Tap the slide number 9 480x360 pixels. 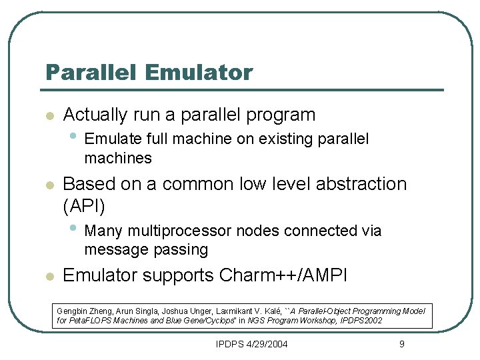tap(401, 344)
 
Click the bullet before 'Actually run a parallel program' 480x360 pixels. tap(48, 116)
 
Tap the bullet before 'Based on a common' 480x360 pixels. tap(48, 185)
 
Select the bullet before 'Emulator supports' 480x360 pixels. tap(48, 277)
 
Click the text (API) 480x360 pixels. tap(83, 207)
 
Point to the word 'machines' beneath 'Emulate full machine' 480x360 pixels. tap(118, 159)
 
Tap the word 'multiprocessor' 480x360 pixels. tap(181, 231)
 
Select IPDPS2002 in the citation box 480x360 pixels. tap(360, 321)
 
